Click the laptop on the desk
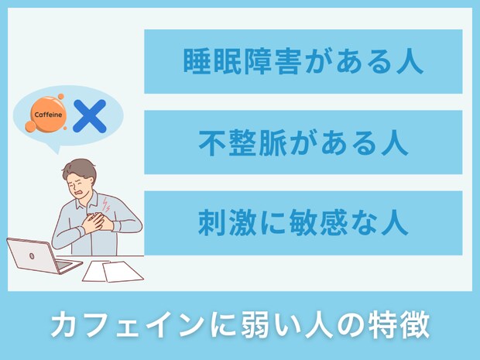click(x=39, y=255)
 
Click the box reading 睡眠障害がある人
click(x=303, y=61)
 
